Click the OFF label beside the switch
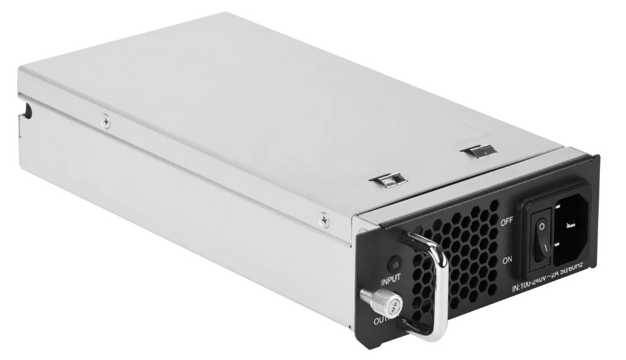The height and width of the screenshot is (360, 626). [507, 222]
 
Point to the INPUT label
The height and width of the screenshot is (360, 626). [391, 282]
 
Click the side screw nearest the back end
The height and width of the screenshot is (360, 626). [106, 122]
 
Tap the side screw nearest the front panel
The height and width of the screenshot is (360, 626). [324, 218]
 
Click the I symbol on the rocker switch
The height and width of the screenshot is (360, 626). [545, 246]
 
